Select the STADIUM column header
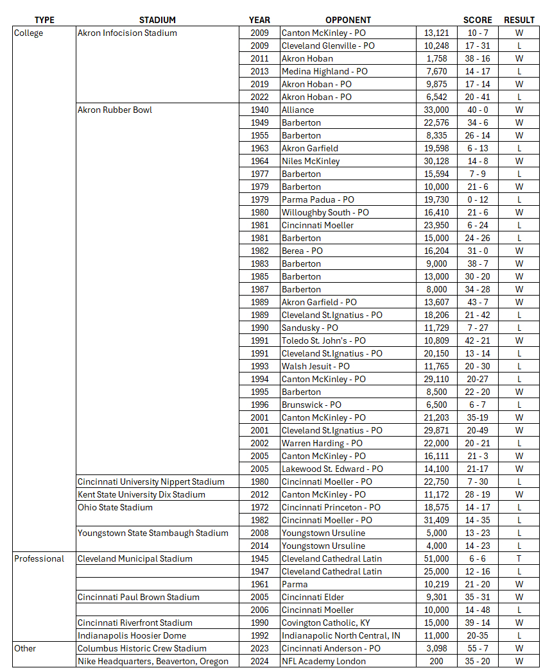pos(157,20)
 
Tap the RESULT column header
pos(519,20)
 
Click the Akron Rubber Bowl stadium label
pos(115,110)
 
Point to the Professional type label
pos(39,558)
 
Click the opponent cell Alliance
pos(298,110)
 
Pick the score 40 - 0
pos(478,110)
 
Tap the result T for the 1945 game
pos(519,558)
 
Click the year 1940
pos(260,110)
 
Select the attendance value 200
pos(436,661)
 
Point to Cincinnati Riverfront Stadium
pos(135,623)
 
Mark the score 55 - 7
pos(478,648)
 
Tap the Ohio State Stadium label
pos(115,507)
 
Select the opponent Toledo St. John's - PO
pos(323,340)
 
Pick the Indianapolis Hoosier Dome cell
pos(132,635)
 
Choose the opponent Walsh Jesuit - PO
pos(316,366)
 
